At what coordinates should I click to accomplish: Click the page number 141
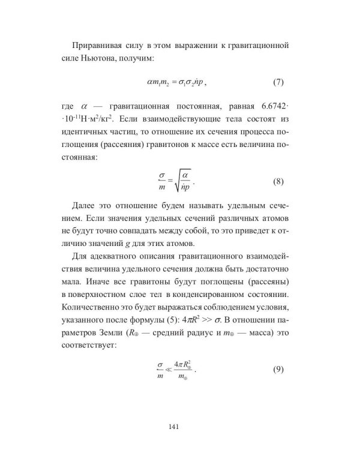(179, 427)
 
